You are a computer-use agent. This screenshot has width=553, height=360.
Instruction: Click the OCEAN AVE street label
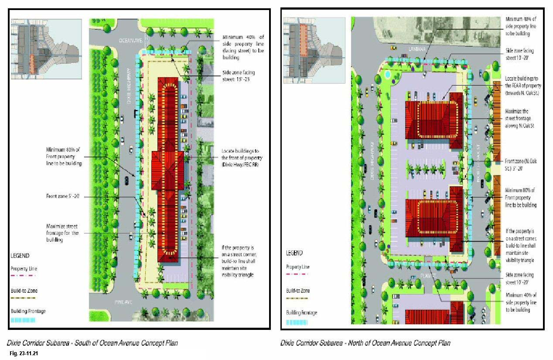tap(132, 40)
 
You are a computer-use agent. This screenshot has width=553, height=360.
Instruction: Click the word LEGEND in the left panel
tap(20, 255)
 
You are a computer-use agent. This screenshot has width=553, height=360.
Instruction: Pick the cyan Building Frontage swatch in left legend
tap(23, 320)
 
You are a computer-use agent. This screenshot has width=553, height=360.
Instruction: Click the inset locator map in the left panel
tap(46, 49)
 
